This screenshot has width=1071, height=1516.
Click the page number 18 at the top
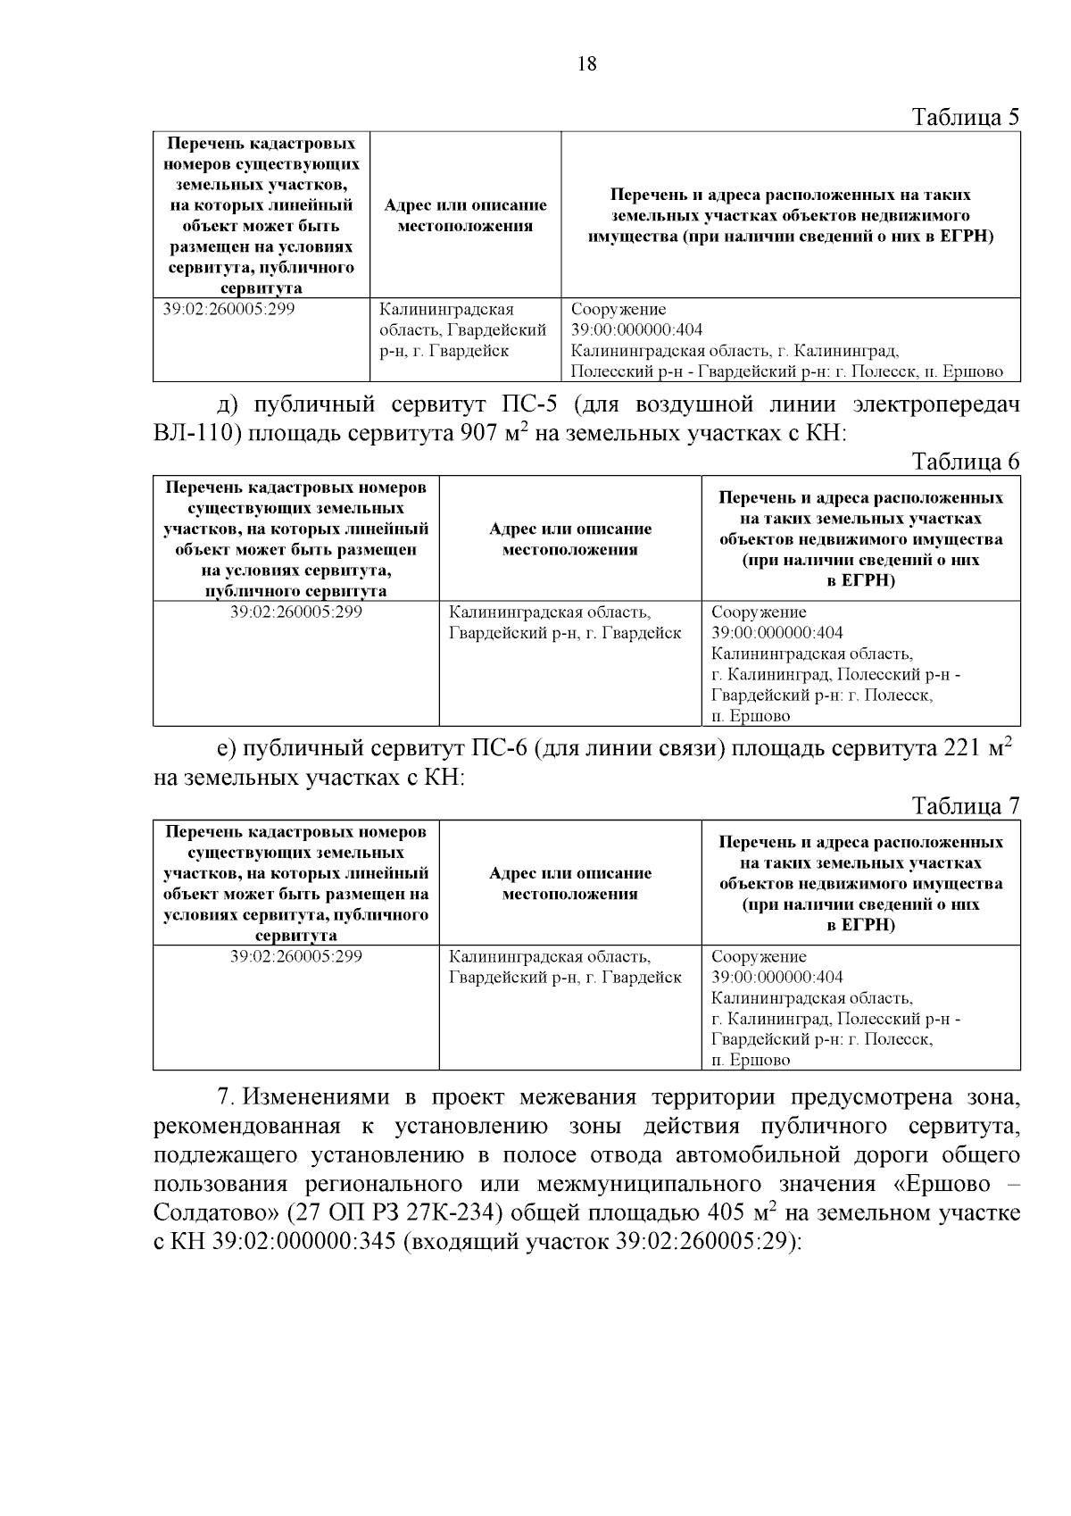click(587, 63)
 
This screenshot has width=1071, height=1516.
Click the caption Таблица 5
click(965, 117)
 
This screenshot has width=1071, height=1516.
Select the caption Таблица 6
click(965, 462)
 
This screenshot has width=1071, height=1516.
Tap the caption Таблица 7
click(965, 806)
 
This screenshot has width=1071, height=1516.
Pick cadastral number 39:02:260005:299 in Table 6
click(296, 613)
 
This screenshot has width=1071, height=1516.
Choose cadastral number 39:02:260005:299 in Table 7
click(296, 957)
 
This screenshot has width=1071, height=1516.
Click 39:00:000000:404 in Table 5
click(636, 330)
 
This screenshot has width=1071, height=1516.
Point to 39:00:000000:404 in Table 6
click(776, 633)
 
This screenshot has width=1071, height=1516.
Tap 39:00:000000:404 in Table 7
click(776, 978)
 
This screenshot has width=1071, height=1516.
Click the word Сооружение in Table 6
click(759, 613)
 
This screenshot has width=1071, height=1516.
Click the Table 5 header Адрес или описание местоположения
click(465, 215)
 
